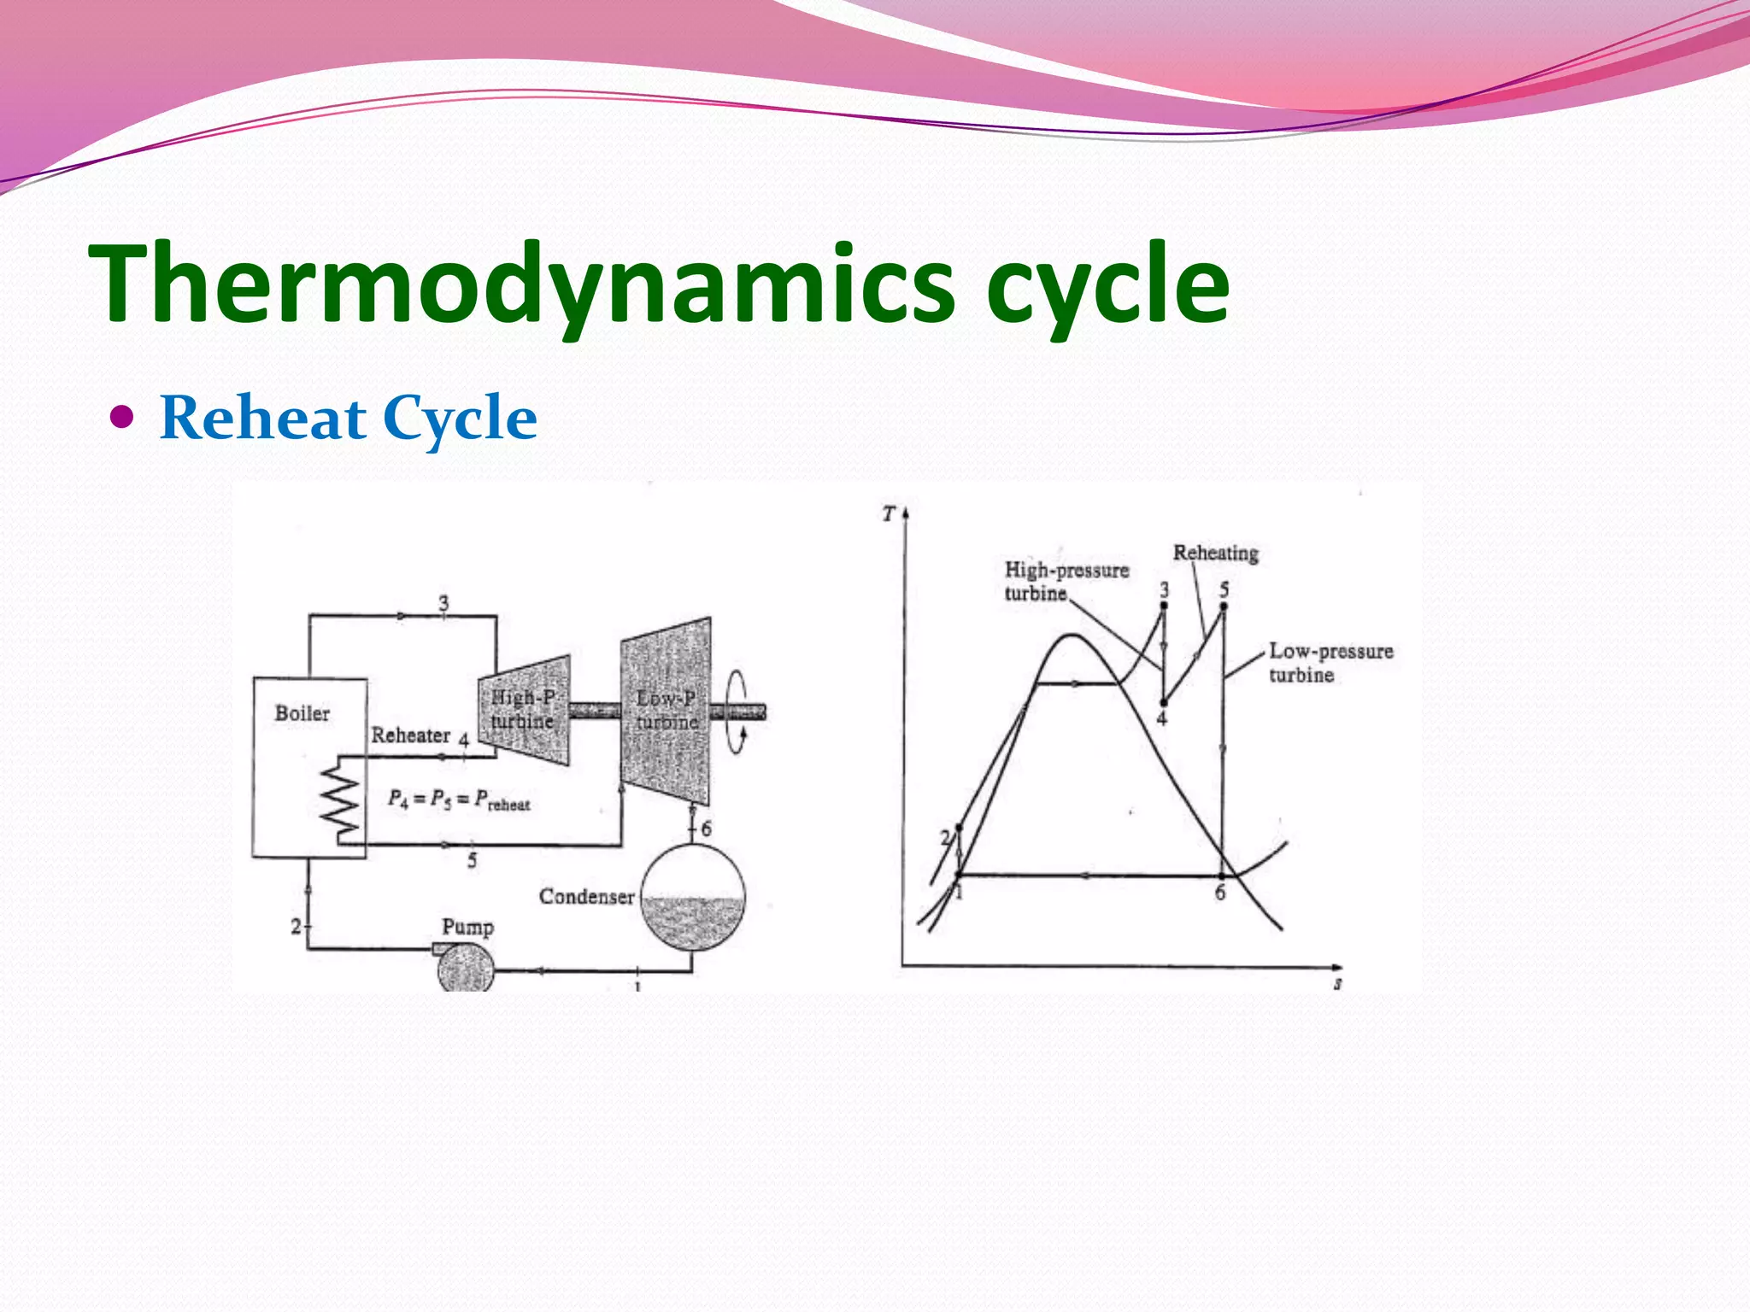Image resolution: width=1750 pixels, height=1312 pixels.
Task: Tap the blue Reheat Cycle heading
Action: coord(348,419)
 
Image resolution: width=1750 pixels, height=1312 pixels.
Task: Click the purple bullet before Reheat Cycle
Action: coord(123,418)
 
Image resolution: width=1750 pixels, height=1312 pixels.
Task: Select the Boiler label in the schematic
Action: coord(302,713)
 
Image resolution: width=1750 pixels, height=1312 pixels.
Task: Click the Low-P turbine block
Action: coord(667,711)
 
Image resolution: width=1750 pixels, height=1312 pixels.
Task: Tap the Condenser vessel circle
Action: coord(693,897)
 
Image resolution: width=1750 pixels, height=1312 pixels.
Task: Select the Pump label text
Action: coord(467,927)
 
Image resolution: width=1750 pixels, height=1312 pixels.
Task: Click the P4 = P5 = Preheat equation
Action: coord(459,800)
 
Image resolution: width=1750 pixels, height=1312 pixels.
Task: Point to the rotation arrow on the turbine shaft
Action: coord(737,712)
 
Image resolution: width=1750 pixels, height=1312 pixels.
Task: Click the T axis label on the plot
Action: coord(889,514)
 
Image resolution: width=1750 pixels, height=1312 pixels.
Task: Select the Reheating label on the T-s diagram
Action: coord(1215,553)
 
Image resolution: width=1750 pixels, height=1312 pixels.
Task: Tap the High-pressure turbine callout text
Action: coord(1066,582)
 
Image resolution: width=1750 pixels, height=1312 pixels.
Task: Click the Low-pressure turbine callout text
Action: coord(1330,663)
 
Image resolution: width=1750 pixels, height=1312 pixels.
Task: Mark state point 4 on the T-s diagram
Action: coord(1164,703)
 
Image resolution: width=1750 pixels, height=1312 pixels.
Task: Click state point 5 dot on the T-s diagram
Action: coord(1224,606)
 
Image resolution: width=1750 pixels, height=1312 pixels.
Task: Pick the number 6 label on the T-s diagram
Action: coord(1220,893)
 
